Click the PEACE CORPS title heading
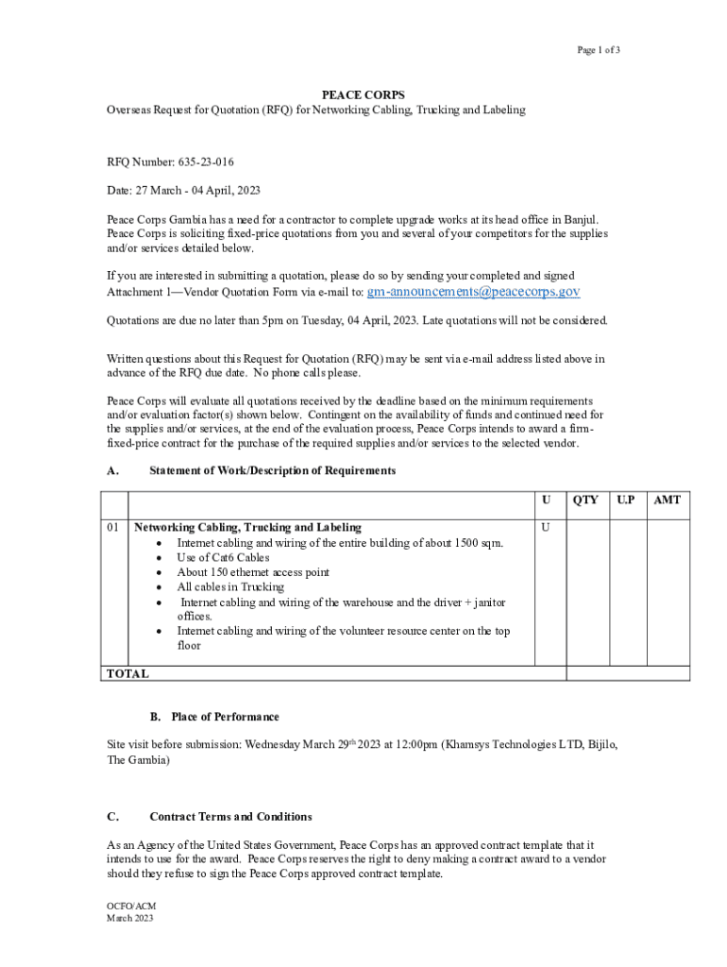(x=363, y=95)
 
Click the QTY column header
(x=585, y=500)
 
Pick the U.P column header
(x=626, y=500)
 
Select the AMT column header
(x=668, y=500)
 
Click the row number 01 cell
(x=113, y=527)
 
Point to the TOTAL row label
(x=127, y=674)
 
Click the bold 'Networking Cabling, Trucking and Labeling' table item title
(x=248, y=527)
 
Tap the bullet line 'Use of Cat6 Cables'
(x=223, y=557)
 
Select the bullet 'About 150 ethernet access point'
(x=253, y=572)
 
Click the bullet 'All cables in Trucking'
(x=230, y=586)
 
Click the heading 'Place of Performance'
(x=225, y=717)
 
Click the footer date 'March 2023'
(x=130, y=918)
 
